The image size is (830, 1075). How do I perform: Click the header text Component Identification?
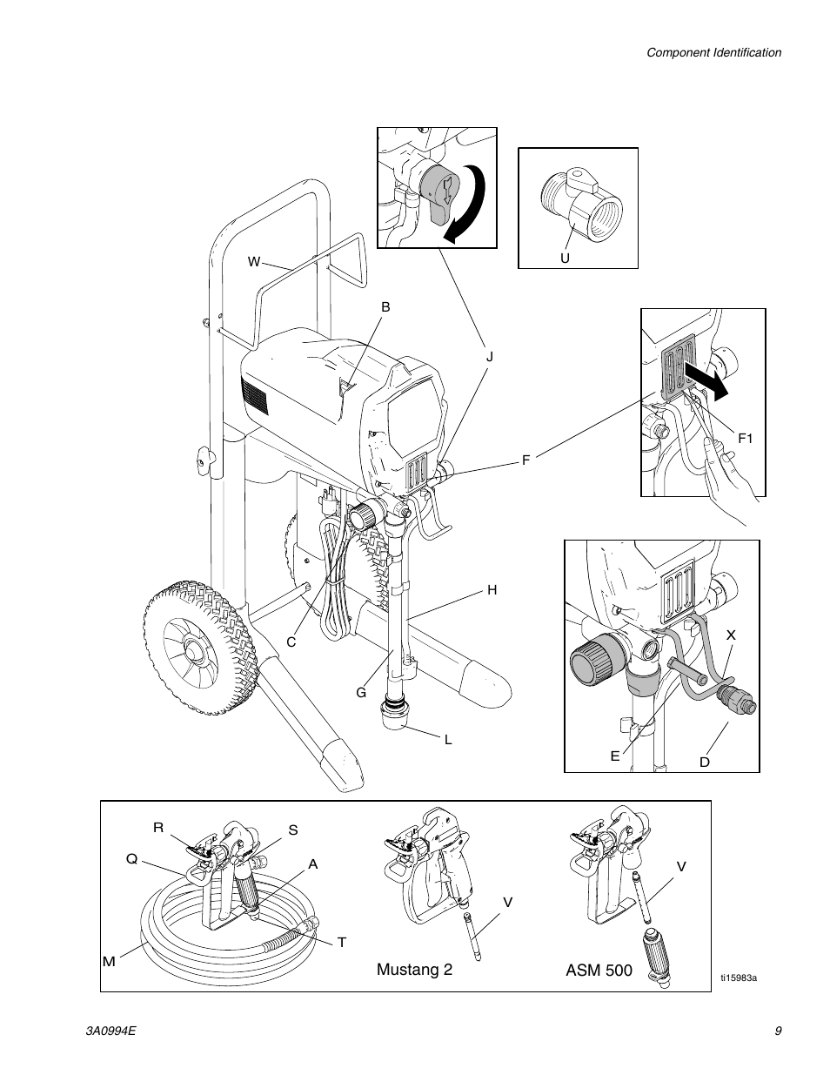pyautogui.click(x=713, y=52)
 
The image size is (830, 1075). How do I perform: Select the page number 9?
pyautogui.click(x=778, y=1031)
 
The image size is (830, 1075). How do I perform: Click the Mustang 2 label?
pyautogui.click(x=414, y=970)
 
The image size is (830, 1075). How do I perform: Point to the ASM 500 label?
pyautogui.click(x=599, y=970)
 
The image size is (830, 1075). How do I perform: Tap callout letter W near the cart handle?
pyautogui.click(x=254, y=261)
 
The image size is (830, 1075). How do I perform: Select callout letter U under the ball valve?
pyautogui.click(x=564, y=259)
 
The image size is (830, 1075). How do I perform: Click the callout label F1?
pyautogui.click(x=746, y=439)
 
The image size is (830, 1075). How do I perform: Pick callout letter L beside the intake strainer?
pyautogui.click(x=448, y=740)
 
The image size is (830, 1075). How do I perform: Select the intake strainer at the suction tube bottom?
pyautogui.click(x=394, y=719)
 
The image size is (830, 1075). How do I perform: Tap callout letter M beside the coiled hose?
pyautogui.click(x=109, y=961)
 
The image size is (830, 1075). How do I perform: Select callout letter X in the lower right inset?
pyautogui.click(x=731, y=635)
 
